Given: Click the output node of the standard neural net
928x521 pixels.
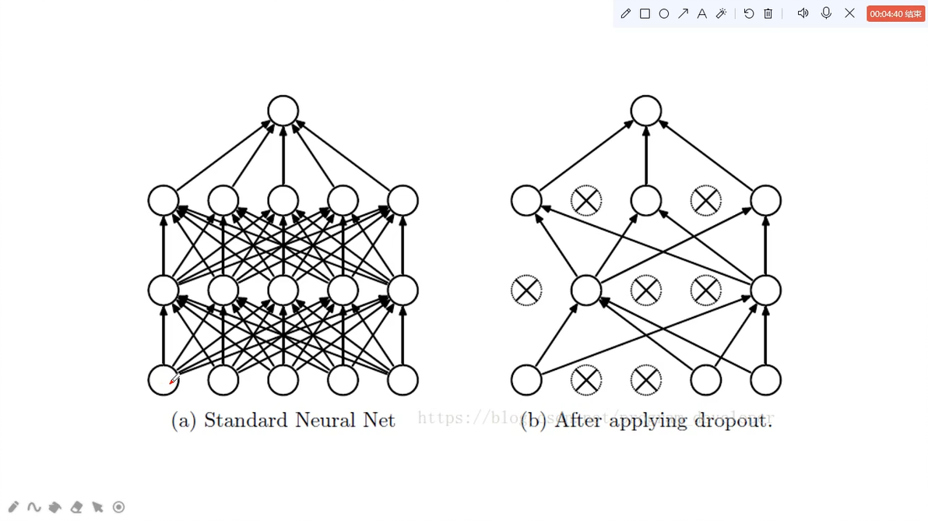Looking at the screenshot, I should tap(283, 111).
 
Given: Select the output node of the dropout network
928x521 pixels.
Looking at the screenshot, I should tap(645, 111).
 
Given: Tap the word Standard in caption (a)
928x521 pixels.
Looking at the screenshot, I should tap(245, 421).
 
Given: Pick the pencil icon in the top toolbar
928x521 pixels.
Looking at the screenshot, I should tap(626, 13).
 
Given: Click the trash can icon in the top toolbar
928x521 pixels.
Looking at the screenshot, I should tap(768, 13).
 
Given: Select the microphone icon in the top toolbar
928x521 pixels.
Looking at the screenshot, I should tap(826, 13).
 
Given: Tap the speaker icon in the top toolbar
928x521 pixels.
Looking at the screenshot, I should tap(803, 13).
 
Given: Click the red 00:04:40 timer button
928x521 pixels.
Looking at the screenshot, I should tap(895, 13).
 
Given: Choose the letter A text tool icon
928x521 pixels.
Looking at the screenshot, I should tap(701, 13).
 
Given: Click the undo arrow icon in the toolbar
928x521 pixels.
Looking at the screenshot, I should tap(749, 13).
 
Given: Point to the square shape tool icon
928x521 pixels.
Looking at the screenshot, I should tap(645, 13).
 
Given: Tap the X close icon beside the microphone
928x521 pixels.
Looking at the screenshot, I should tap(849, 13).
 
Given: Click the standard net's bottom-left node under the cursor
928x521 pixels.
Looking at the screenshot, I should tap(163, 380).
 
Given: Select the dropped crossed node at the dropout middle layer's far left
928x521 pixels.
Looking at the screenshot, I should tap(526, 290).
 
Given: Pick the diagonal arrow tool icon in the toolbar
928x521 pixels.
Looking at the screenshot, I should tap(683, 13).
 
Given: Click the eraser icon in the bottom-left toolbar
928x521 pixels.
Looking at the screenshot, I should tap(76, 507).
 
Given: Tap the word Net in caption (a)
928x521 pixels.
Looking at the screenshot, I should tap(378, 421).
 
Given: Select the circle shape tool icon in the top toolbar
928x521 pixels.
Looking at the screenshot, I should tap(664, 13).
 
